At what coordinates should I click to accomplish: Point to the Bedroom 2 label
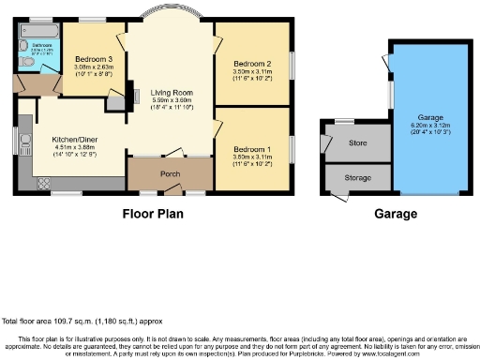252,62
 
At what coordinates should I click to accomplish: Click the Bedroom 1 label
252,150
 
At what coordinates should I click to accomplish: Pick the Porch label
170,173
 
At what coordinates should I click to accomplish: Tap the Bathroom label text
43,44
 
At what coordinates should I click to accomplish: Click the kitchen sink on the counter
23,144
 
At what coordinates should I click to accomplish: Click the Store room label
356,143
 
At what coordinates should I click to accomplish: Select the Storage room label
357,176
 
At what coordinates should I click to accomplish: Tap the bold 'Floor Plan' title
153,214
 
